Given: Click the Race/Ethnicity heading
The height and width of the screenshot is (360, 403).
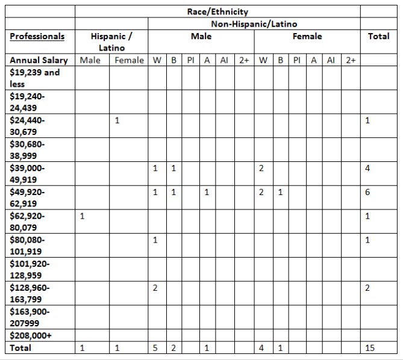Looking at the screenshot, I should tap(217, 12).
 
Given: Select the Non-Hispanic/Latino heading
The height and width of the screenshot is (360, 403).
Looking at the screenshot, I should tap(254, 24).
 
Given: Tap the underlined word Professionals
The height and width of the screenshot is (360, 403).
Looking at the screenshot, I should tap(37, 36).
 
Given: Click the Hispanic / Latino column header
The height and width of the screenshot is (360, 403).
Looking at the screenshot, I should tap(112, 42).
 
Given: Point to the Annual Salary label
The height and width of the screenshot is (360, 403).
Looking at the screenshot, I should tap(39, 60).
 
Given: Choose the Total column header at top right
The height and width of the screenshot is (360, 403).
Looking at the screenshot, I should tap(378, 36).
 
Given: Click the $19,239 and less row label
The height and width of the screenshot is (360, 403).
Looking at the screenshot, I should tap(35, 78).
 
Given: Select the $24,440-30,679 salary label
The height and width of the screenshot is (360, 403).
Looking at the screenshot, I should tap(28, 126).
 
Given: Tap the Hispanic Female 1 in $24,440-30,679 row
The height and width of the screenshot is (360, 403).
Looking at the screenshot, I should tap(117, 120).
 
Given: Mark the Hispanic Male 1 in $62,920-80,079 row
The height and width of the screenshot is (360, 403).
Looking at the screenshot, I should tap(83, 216).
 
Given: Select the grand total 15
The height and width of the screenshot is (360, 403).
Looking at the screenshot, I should tap(370, 347).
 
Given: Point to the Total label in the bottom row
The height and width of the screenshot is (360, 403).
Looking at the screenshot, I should tap(20, 347).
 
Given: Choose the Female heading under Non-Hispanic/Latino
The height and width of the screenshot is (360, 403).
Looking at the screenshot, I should tap(307, 36).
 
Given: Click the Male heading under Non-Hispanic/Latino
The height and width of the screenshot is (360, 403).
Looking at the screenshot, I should tap(201, 36).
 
